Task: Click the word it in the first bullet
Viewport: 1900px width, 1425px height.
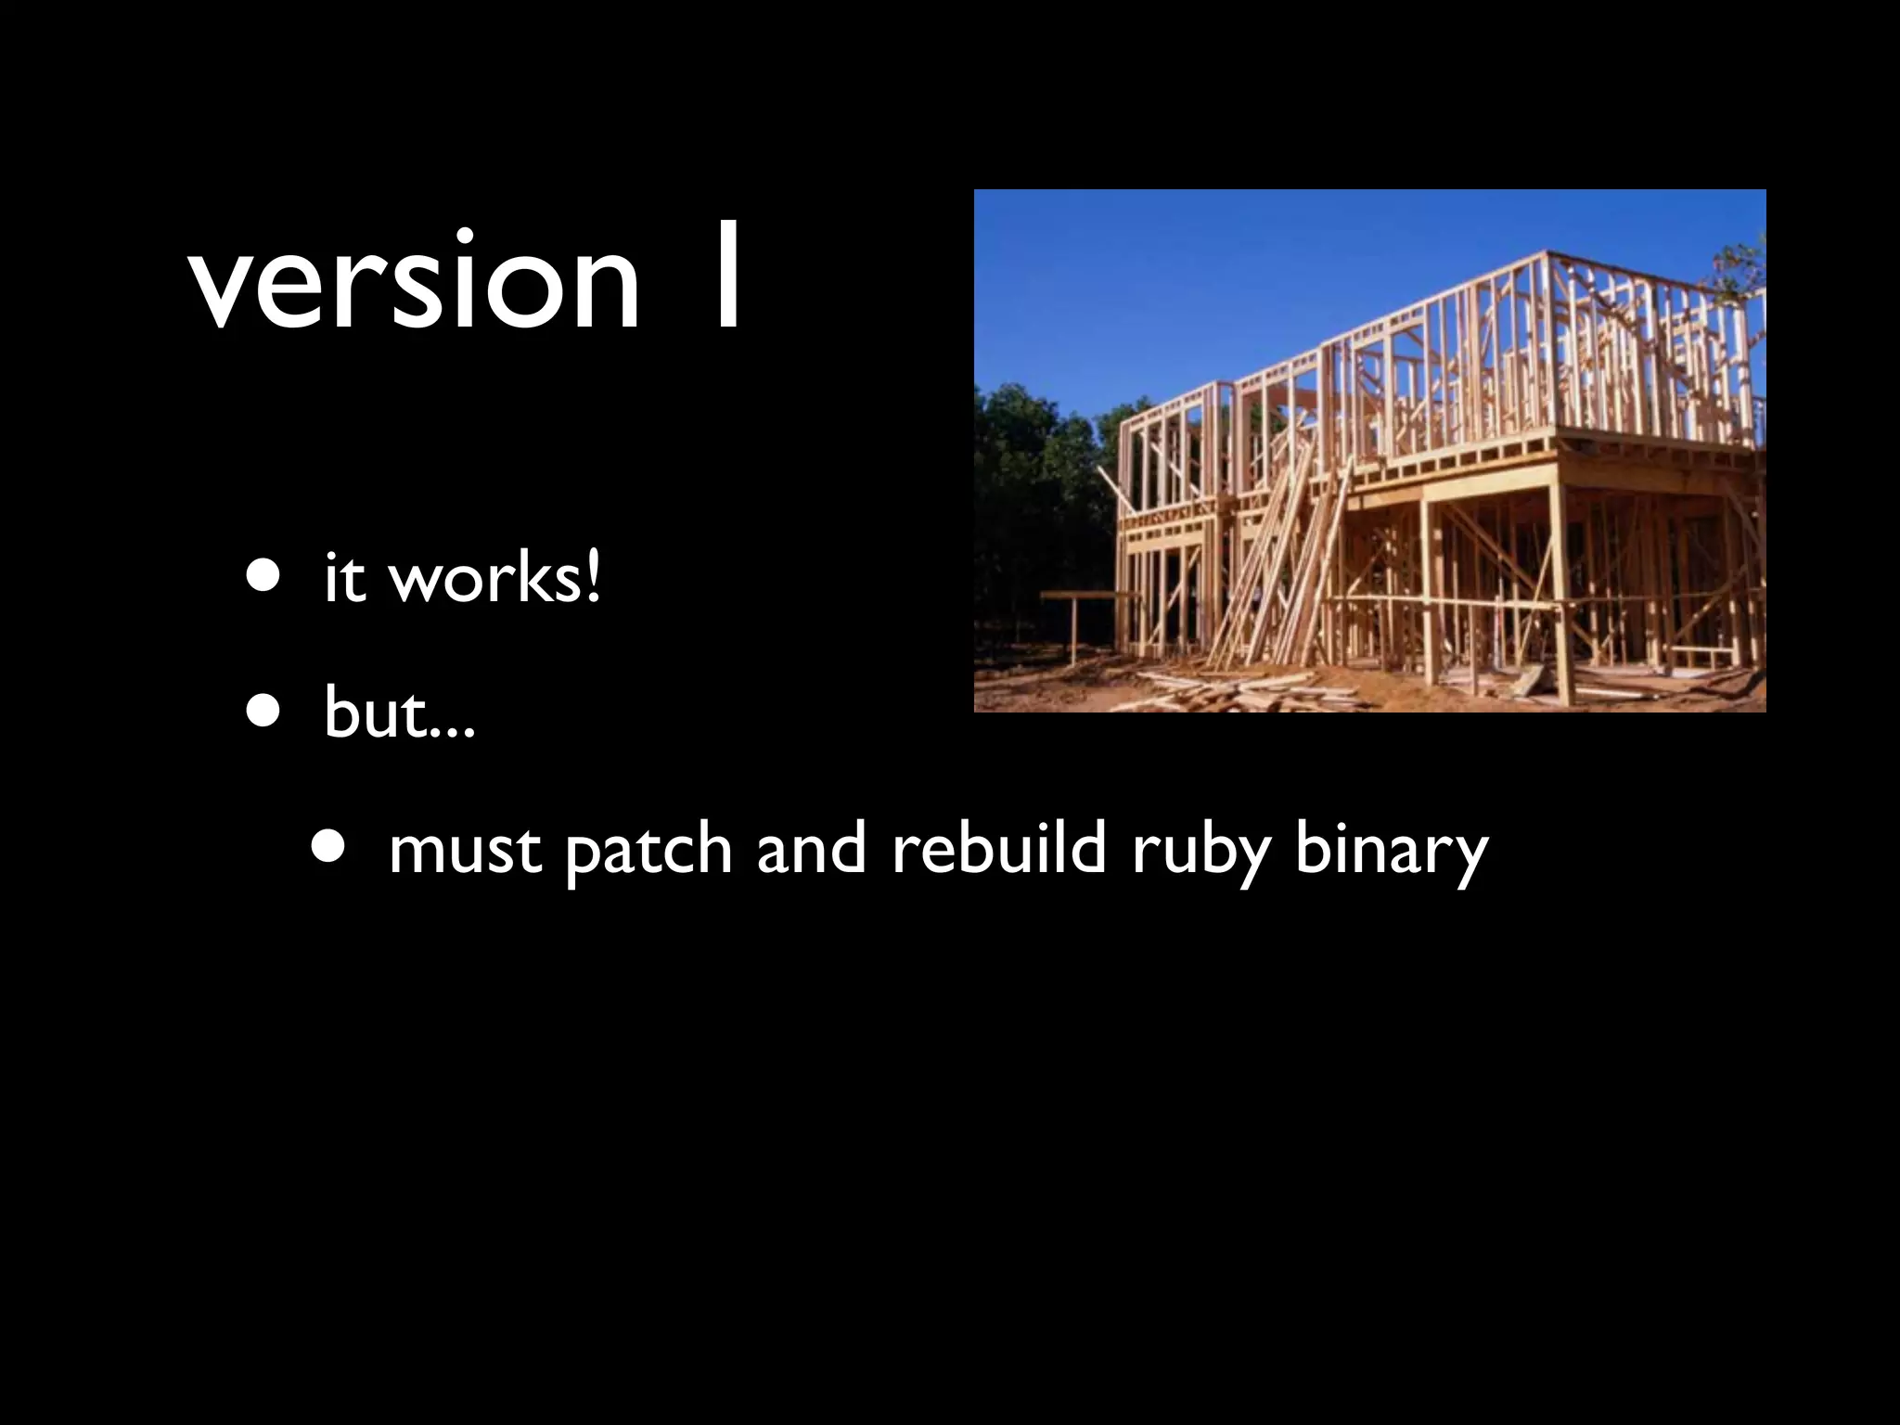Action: click(x=344, y=577)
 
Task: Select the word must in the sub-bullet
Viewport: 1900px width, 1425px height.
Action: click(x=465, y=848)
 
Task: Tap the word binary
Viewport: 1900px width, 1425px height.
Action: click(x=1391, y=850)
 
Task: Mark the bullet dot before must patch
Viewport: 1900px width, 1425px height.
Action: click(x=331, y=845)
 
